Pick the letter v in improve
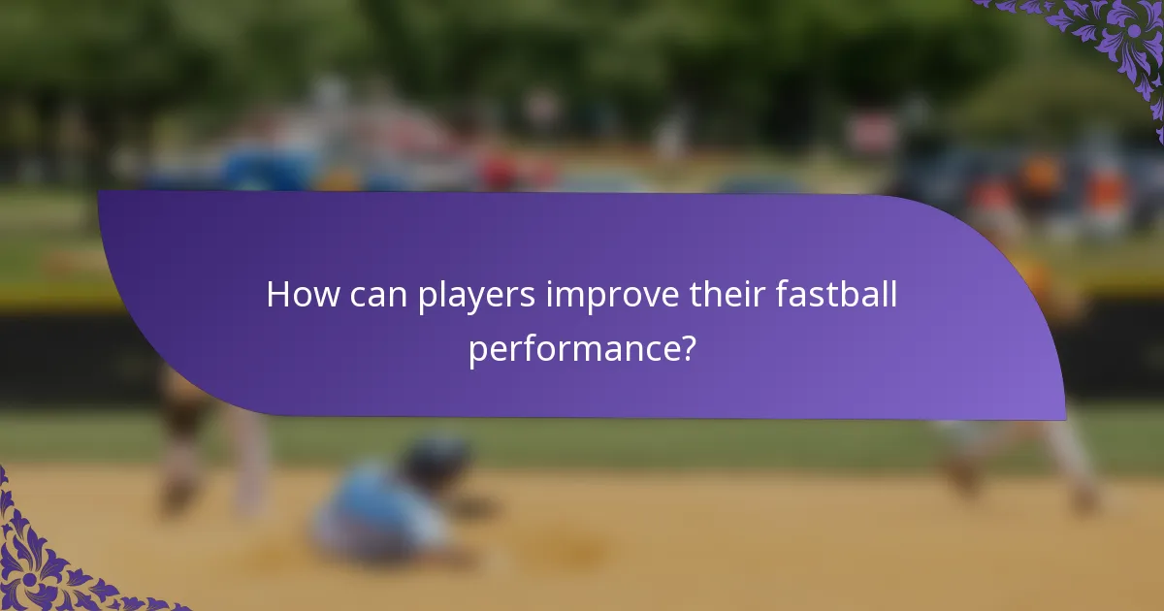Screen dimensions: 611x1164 (x=633, y=298)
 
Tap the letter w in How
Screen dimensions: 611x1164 (x=319, y=298)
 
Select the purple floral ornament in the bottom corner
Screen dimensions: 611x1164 (x=48, y=563)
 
